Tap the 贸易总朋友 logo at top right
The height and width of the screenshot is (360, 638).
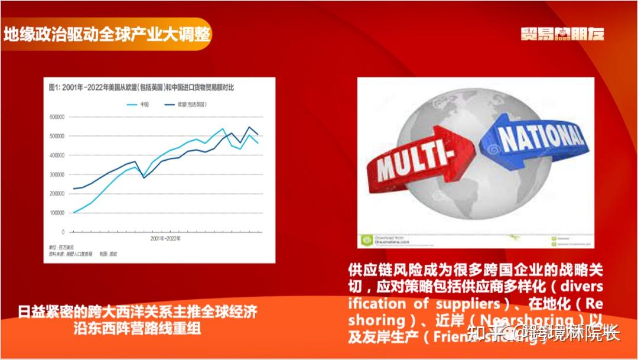click(562, 34)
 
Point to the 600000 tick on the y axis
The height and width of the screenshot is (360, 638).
click(58, 117)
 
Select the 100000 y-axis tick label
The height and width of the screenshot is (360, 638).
click(58, 212)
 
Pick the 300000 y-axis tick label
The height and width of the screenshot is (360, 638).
click(58, 174)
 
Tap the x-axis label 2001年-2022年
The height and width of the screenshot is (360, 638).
click(165, 239)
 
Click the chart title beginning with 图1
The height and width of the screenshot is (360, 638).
click(142, 88)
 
